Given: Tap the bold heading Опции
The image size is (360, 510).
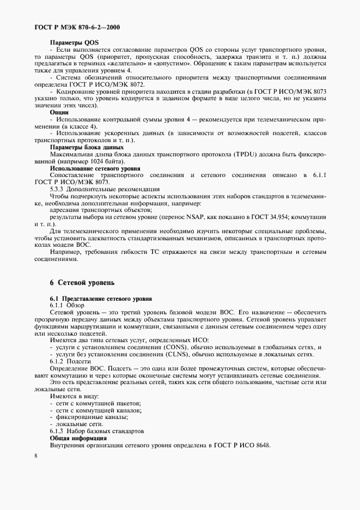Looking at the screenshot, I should (59, 112).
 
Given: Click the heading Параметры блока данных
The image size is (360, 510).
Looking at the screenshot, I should (87, 147).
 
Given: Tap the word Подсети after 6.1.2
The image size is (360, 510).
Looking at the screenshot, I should (80, 361).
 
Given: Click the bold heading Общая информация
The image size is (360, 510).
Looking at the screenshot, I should (78, 438).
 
